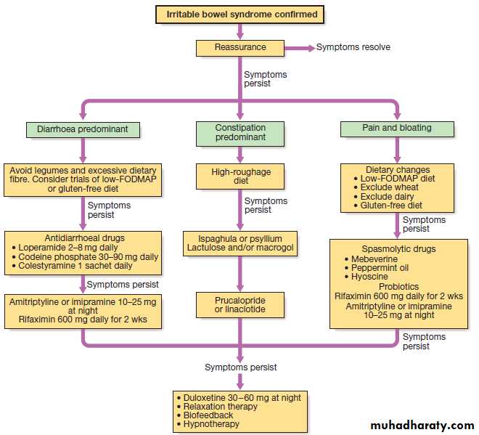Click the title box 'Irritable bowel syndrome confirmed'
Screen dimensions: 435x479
pos(240,14)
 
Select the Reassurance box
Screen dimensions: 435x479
pos(240,48)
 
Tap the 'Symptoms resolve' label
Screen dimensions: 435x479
pos(353,48)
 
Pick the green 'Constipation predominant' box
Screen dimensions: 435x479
pos(240,133)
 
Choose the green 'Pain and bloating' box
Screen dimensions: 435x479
pos(397,129)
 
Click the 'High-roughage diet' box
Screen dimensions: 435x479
pos(240,175)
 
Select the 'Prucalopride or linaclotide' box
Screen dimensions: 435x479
pos(240,305)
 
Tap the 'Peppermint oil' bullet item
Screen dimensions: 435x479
pos(380,267)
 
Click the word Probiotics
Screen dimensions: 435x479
pos(397,286)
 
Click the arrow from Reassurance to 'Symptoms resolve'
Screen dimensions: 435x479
pos(298,48)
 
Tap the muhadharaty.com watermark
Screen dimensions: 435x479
pos(422,425)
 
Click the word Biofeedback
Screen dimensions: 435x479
pos(209,415)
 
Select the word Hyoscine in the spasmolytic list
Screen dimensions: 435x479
pos(369,277)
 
